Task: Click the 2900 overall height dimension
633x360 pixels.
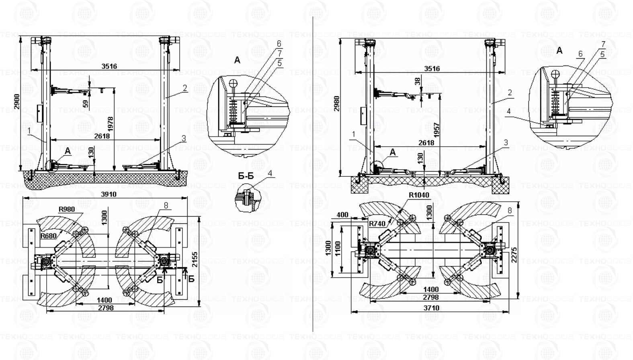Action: point(16,102)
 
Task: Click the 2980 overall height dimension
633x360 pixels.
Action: point(337,103)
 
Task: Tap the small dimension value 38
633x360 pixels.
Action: point(418,81)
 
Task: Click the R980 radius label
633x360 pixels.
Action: point(67,209)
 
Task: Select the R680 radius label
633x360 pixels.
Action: point(49,236)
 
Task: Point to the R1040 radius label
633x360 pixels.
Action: point(419,195)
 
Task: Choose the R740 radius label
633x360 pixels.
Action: point(377,223)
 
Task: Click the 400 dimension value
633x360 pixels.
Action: point(342,215)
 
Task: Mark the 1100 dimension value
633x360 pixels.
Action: point(337,249)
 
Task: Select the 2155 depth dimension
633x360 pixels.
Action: point(195,260)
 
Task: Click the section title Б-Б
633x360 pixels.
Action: point(246,176)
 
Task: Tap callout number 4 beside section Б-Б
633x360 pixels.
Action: point(270,173)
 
